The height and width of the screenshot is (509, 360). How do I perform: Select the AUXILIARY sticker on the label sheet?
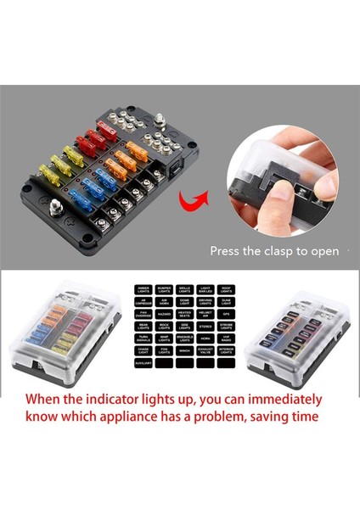(143, 361)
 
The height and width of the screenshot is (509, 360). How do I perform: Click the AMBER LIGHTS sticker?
(143, 288)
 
